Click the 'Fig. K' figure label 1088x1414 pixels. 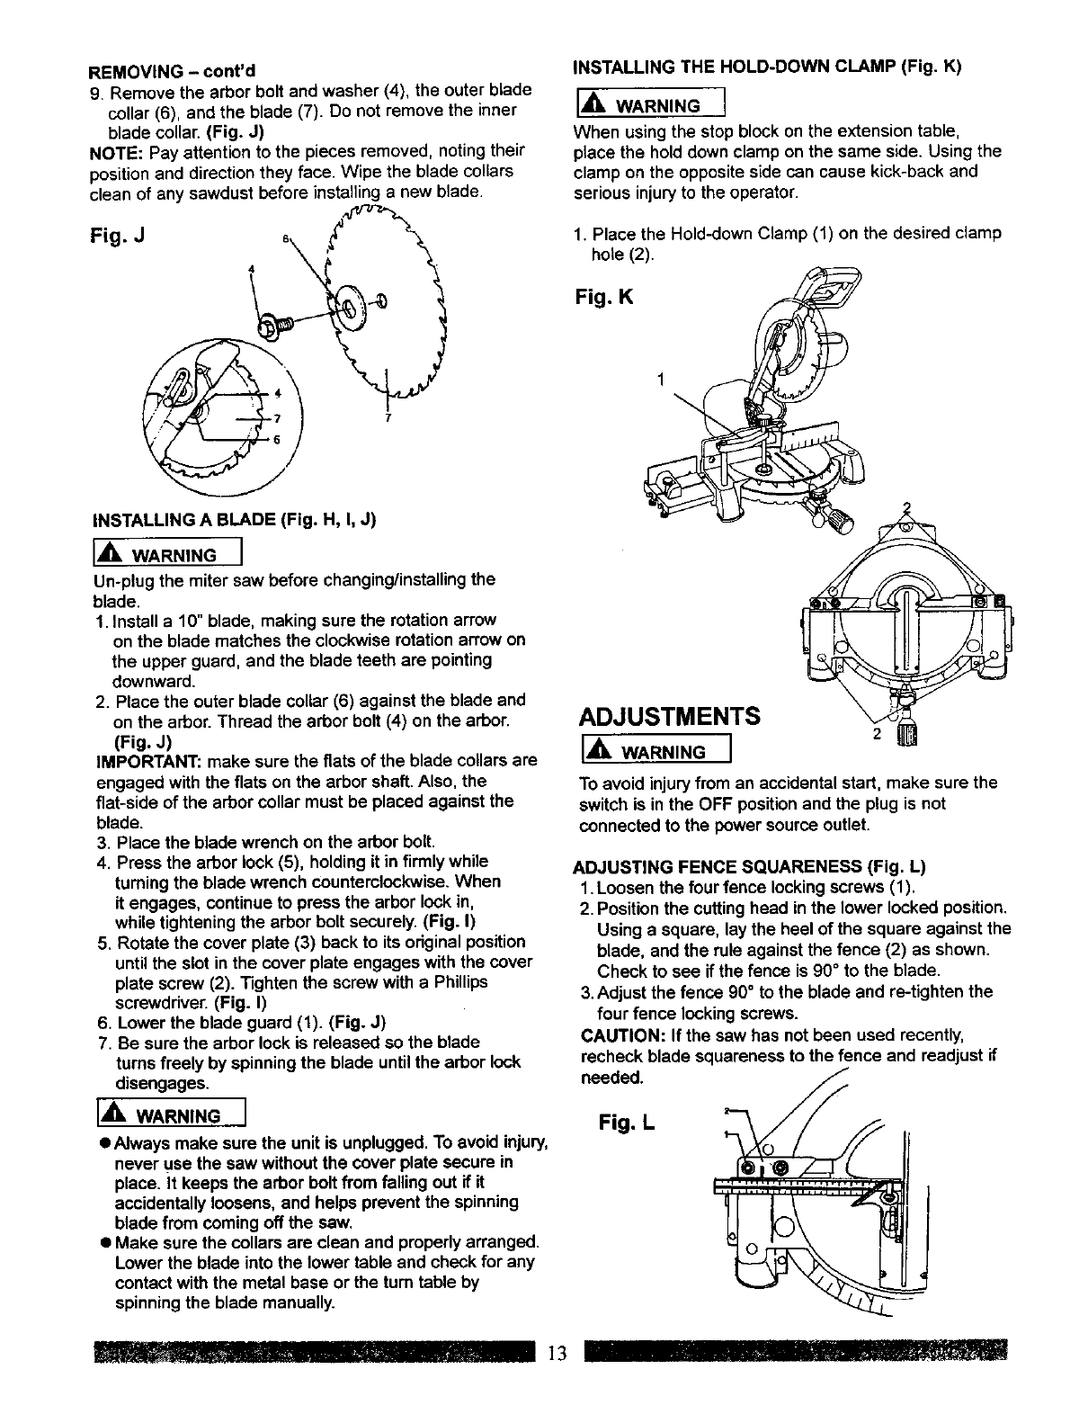pyautogui.click(x=603, y=296)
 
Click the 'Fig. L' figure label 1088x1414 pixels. pyautogui.click(x=628, y=1122)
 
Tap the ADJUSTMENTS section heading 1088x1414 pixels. pyautogui.click(x=669, y=716)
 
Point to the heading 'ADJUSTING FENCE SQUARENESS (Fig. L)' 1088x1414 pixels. pyautogui.click(x=749, y=867)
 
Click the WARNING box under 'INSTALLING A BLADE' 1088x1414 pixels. pyautogui.click(x=168, y=553)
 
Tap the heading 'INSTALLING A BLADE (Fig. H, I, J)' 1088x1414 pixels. pyautogui.click(x=234, y=519)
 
